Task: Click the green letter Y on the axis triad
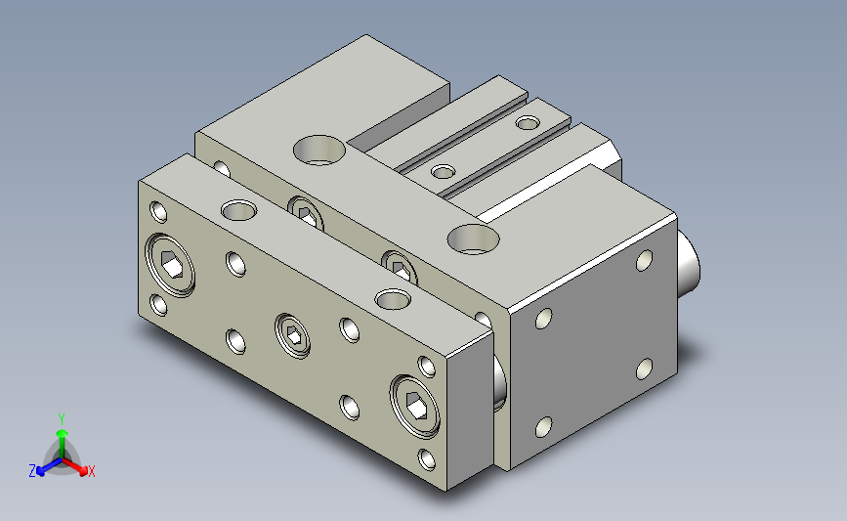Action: coord(62,419)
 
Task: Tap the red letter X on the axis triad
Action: coord(91,471)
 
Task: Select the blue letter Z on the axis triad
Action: coord(32,471)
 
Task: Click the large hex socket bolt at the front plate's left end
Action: coord(171,265)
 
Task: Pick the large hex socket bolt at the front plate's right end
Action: coord(414,406)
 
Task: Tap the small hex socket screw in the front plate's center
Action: coord(293,335)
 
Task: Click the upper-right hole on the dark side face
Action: coord(644,260)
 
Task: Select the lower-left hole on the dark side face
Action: coord(543,427)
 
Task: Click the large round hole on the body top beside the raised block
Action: coord(319,150)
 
